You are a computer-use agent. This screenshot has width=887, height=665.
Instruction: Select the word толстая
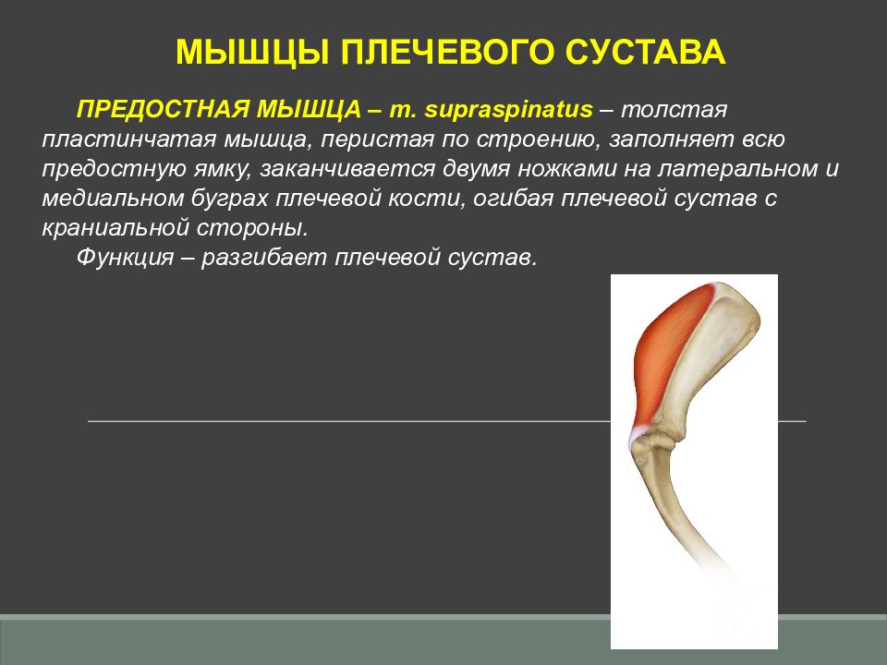pos(674,110)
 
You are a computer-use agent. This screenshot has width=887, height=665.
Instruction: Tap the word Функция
pos(125,258)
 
